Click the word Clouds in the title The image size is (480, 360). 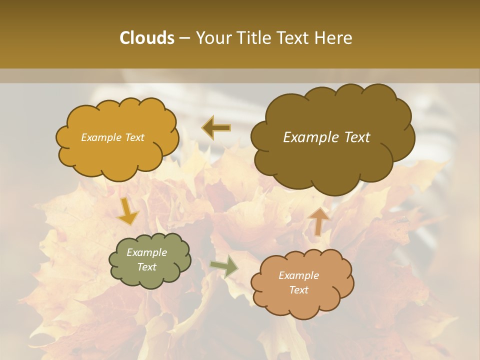pyautogui.click(x=146, y=38)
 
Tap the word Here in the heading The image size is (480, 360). pyautogui.click(x=334, y=38)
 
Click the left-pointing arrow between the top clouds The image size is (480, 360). pyautogui.click(x=216, y=128)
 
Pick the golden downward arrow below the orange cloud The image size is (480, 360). pyautogui.click(x=128, y=211)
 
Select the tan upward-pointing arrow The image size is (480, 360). pyautogui.click(x=319, y=221)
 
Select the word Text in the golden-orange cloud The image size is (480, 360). pyautogui.click(x=134, y=137)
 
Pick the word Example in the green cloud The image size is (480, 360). pyautogui.click(x=146, y=252)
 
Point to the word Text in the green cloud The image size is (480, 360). pyautogui.click(x=146, y=267)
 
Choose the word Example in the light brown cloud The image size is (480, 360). pyautogui.click(x=298, y=275)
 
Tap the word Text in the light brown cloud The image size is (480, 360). pyautogui.click(x=298, y=290)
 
